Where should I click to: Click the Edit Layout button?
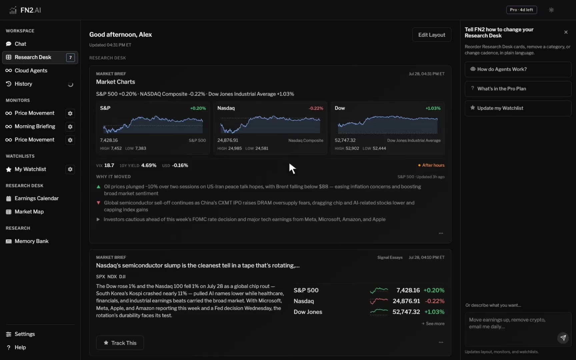point(432,35)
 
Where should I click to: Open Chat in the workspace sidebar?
point(20,44)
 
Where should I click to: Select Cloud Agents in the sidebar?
point(31,71)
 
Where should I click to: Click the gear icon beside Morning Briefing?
point(70,127)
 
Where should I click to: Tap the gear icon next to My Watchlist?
point(70,169)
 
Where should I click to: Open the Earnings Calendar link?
point(37,198)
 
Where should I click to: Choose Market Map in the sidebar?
point(29,212)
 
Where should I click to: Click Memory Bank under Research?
point(32,241)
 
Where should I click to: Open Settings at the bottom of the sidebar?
point(25,334)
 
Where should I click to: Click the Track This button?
point(120,343)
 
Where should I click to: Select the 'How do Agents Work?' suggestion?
point(518,69)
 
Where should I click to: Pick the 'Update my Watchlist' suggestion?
point(518,108)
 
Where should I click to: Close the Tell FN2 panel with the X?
point(566,32)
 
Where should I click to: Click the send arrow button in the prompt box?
point(563,338)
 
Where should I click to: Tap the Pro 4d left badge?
point(521,10)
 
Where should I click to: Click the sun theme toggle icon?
point(551,10)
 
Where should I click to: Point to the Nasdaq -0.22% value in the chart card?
point(316,108)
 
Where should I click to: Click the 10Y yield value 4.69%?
point(149,165)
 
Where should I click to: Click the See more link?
point(433,324)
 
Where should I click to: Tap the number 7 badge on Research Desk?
point(70,57)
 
